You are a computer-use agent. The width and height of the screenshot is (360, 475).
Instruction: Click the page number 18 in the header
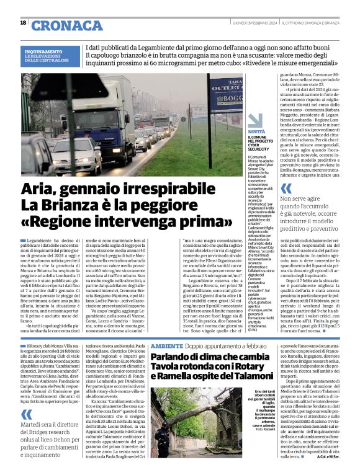[x=23, y=23]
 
